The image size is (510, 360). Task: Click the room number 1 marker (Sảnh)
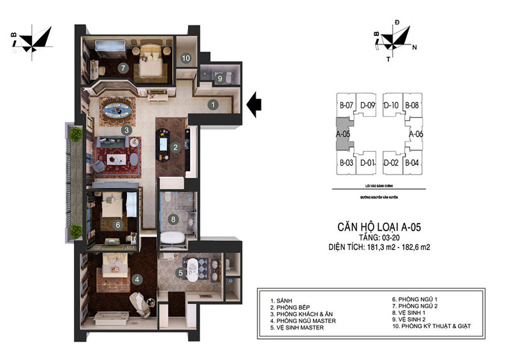[x=214, y=103]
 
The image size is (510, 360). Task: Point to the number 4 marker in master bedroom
[x=136, y=278]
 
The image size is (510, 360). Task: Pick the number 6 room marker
[x=117, y=224]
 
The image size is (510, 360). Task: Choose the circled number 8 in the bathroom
[x=173, y=220]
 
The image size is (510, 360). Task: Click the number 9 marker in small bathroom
[x=219, y=79]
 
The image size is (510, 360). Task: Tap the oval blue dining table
[x=119, y=109]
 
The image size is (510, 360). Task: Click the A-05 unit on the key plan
[x=342, y=134]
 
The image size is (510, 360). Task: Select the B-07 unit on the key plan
[x=346, y=104]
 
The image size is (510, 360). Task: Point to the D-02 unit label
[x=390, y=163]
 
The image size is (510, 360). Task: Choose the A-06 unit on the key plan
[x=416, y=134]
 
